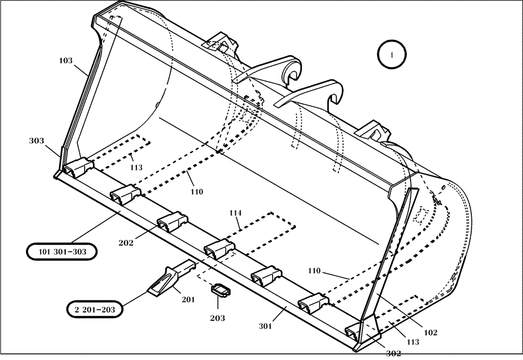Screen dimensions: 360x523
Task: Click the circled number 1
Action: [392, 54]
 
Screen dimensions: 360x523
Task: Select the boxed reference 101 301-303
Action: [62, 252]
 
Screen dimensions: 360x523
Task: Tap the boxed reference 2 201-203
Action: [95, 309]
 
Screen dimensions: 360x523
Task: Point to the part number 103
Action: [65, 61]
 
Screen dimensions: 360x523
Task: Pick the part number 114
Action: [235, 213]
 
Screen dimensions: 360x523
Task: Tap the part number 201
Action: [188, 299]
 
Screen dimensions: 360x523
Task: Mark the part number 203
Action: [218, 318]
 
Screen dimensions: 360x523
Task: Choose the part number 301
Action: [265, 326]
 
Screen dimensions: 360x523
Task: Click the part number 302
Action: [393, 353]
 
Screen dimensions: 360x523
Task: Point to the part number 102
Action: [430, 332]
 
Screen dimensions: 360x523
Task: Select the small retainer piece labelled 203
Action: [220, 290]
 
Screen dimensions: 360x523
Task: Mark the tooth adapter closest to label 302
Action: [355, 332]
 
